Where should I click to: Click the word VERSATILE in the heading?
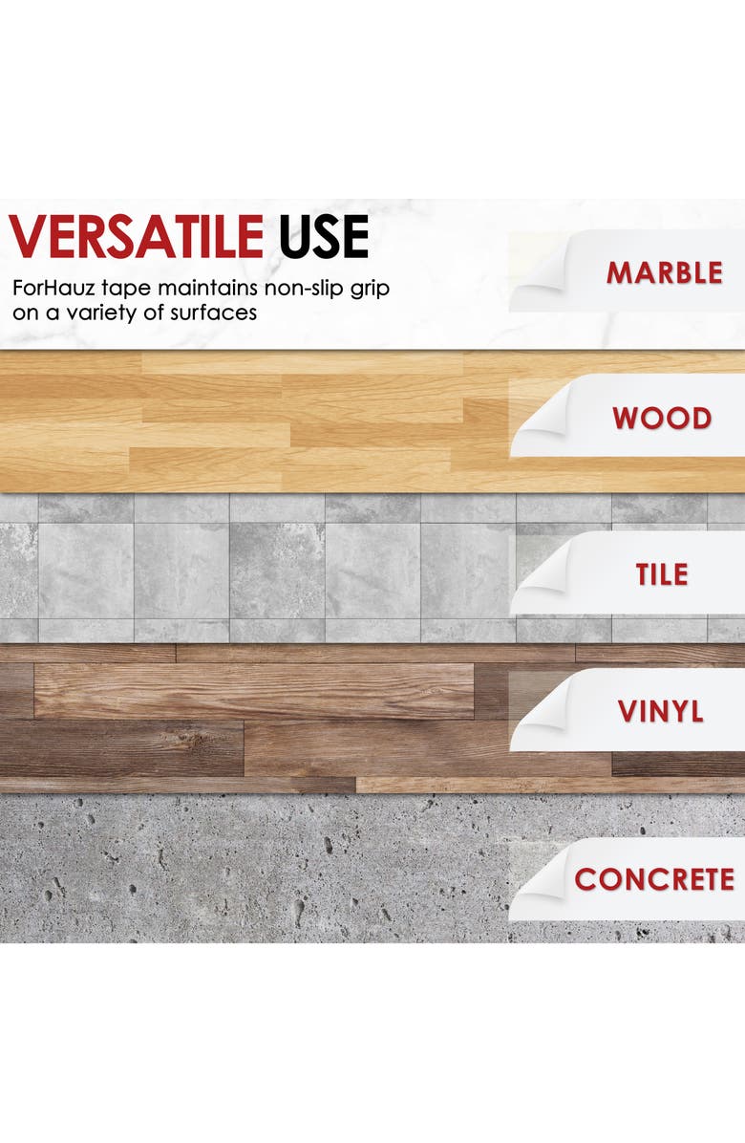tap(137, 236)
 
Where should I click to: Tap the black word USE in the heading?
tap(324, 236)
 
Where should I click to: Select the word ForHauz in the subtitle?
tap(50, 288)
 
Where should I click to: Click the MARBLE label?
tap(664, 272)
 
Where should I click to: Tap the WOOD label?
tap(662, 419)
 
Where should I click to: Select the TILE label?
tap(662, 574)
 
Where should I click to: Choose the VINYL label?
tap(661, 711)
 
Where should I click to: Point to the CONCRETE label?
tap(654, 879)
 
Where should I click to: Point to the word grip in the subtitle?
tap(370, 289)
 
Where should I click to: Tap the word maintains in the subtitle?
tap(207, 288)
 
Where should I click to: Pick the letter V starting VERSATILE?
tap(28, 236)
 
